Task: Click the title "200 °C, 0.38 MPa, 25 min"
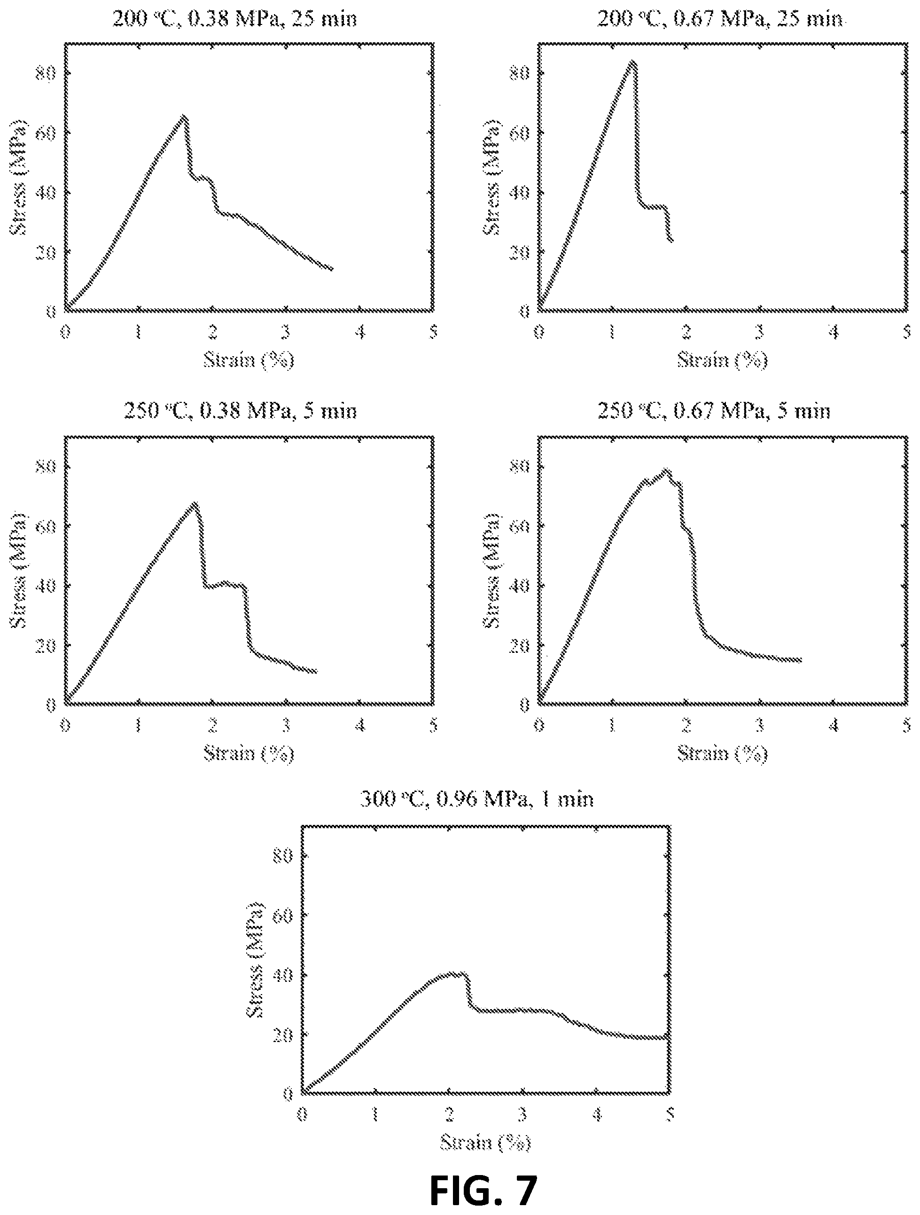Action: [x=234, y=19]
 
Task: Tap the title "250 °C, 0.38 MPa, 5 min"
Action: [x=240, y=411]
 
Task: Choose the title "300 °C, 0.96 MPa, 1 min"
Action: [x=477, y=799]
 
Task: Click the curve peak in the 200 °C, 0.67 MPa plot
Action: [x=633, y=62]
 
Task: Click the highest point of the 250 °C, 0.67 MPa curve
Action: [x=667, y=470]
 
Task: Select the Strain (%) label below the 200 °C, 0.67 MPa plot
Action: [x=722, y=360]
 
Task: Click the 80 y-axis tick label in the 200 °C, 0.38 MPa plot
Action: [x=46, y=73]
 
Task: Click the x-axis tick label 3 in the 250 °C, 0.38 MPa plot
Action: [x=286, y=726]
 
